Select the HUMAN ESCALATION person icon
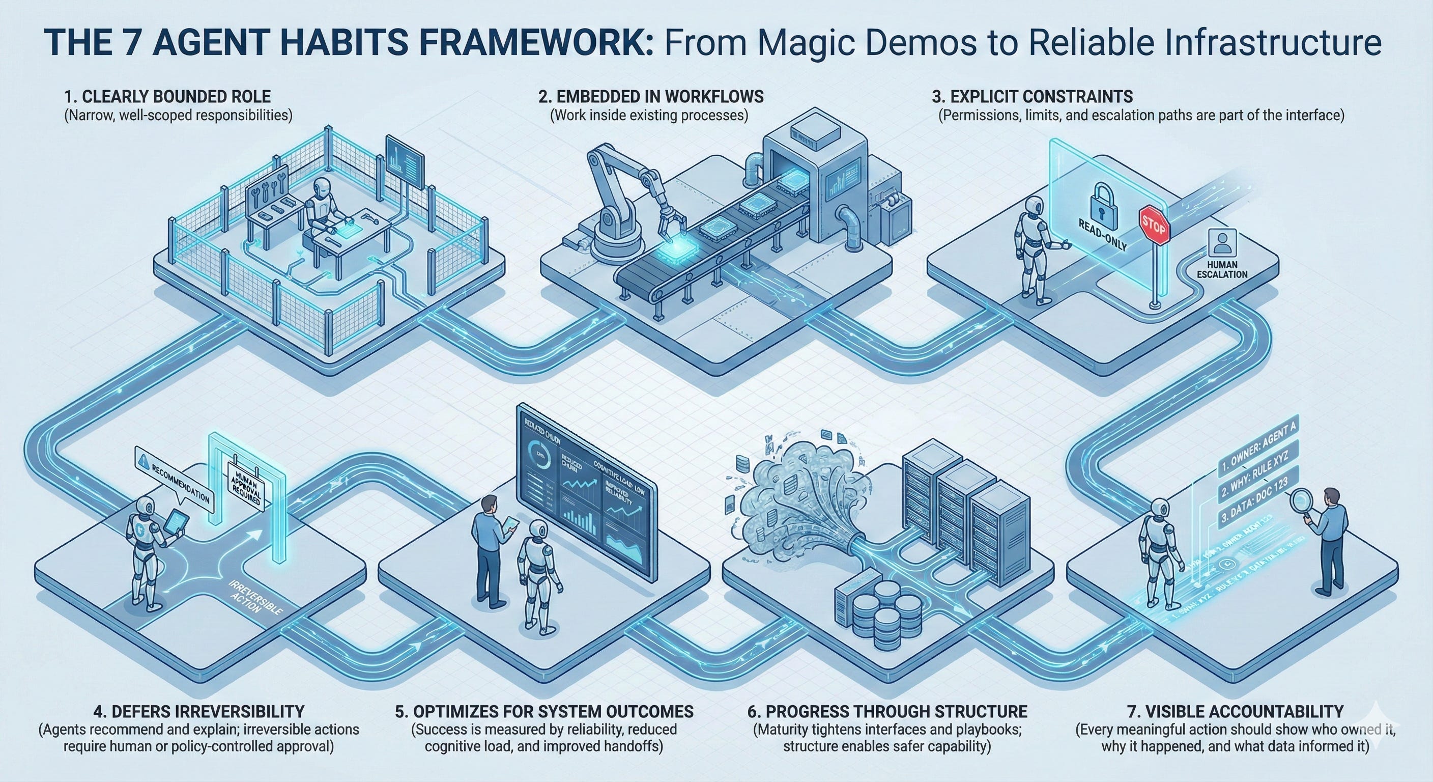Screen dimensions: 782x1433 coord(1222,243)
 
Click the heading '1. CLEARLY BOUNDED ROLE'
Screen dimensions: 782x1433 coord(167,96)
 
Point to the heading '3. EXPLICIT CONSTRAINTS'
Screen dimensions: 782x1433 coord(1032,96)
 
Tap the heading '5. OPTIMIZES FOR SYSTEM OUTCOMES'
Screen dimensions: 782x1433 coord(544,711)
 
